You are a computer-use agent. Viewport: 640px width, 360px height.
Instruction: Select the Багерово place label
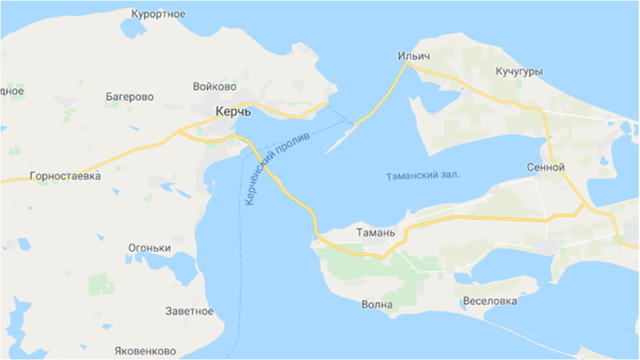[x=130, y=97]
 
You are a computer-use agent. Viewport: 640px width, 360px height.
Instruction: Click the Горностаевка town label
[x=65, y=176]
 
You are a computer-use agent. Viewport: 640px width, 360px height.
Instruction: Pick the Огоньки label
[x=149, y=248]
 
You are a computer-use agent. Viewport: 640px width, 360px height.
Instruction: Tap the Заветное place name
[x=189, y=311]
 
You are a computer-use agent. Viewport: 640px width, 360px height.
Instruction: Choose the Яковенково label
[x=145, y=351]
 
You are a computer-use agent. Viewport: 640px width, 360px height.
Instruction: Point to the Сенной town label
[x=547, y=167]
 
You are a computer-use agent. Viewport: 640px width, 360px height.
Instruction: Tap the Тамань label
[x=375, y=233]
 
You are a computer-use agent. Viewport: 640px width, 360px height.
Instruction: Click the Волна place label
[x=377, y=305]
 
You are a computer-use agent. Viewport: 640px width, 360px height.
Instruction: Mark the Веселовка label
[x=490, y=301]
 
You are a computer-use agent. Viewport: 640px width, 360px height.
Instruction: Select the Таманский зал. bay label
[x=422, y=176]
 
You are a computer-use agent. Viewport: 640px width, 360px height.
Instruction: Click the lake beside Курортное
[x=133, y=29]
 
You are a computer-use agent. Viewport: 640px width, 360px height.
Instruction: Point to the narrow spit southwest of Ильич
[x=343, y=139]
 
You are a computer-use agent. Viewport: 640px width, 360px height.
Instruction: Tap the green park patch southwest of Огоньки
[x=100, y=285]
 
